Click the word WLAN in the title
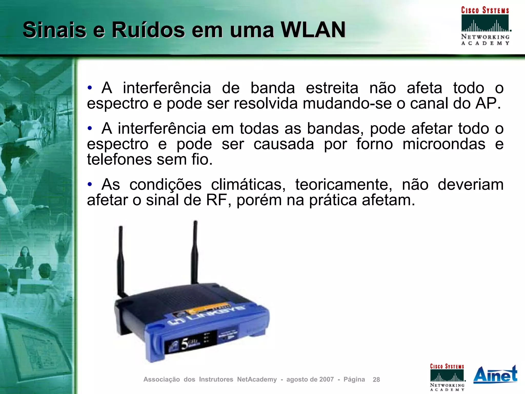coord(313,30)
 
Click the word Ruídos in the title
coord(148,30)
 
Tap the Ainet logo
coord(495,375)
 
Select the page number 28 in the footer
coord(376,380)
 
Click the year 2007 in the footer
coord(326,379)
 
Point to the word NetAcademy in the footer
coord(257,379)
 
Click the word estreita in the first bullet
coord(332,88)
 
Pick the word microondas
coord(444,144)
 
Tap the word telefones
coord(119,159)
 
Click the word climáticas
coord(248,185)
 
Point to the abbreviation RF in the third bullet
coord(216,200)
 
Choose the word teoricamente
coord(344,185)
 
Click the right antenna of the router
coord(195,251)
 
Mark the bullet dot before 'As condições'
coord(89,184)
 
